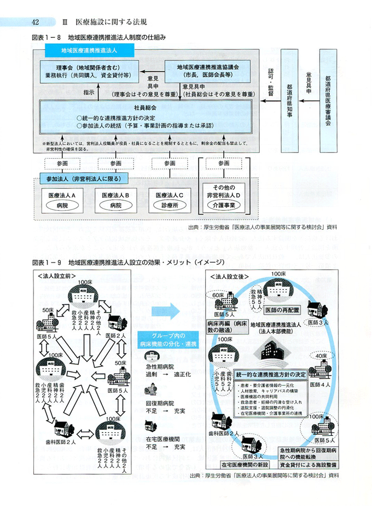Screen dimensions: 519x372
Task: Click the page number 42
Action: click(34, 22)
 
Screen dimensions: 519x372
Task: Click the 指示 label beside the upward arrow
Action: click(89, 92)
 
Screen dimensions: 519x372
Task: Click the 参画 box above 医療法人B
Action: click(115, 164)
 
